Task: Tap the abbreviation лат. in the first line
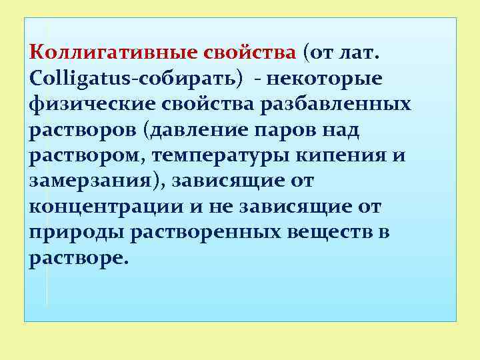(x=368, y=52)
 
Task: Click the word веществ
(x=331, y=233)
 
